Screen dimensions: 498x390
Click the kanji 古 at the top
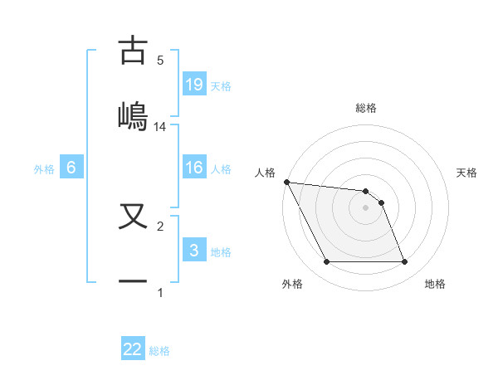point(133,51)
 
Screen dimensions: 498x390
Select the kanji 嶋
point(133,114)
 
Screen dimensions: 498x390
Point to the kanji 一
point(133,280)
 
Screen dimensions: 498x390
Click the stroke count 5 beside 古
point(160,61)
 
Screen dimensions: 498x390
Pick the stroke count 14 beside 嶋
point(160,127)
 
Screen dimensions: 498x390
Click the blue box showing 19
point(194,85)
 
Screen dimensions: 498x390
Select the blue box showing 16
point(194,168)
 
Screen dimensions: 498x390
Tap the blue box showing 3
point(194,251)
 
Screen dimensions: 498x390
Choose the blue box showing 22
point(133,349)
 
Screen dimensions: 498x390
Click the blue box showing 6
point(71,168)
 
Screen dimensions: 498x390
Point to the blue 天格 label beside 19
point(221,86)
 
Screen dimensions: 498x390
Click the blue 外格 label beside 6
point(44,169)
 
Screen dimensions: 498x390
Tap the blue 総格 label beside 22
point(159,351)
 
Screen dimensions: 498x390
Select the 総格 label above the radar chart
point(365,108)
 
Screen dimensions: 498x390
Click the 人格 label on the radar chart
point(265,173)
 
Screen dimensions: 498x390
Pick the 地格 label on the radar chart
point(435,284)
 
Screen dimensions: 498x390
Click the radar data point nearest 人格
point(286,182)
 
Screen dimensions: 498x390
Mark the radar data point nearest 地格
point(404,262)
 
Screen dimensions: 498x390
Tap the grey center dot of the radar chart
point(365,207)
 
